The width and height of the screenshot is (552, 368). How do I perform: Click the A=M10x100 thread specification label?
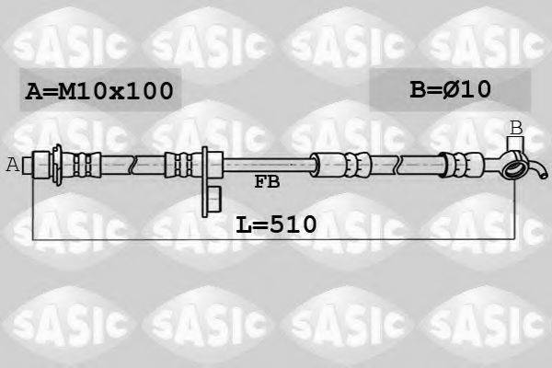coord(98,92)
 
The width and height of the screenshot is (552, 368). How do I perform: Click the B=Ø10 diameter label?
coord(450,89)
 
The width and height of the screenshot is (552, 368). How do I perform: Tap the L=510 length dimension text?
coord(276,224)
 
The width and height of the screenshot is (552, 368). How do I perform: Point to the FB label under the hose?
coord(267,182)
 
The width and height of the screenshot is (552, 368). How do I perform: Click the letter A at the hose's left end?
coord(12,166)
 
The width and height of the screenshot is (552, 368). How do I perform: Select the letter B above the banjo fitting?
coord(516,127)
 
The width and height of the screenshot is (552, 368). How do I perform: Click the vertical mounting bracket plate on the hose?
coord(203,170)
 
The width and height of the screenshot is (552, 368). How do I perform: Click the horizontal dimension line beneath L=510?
coord(276,240)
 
